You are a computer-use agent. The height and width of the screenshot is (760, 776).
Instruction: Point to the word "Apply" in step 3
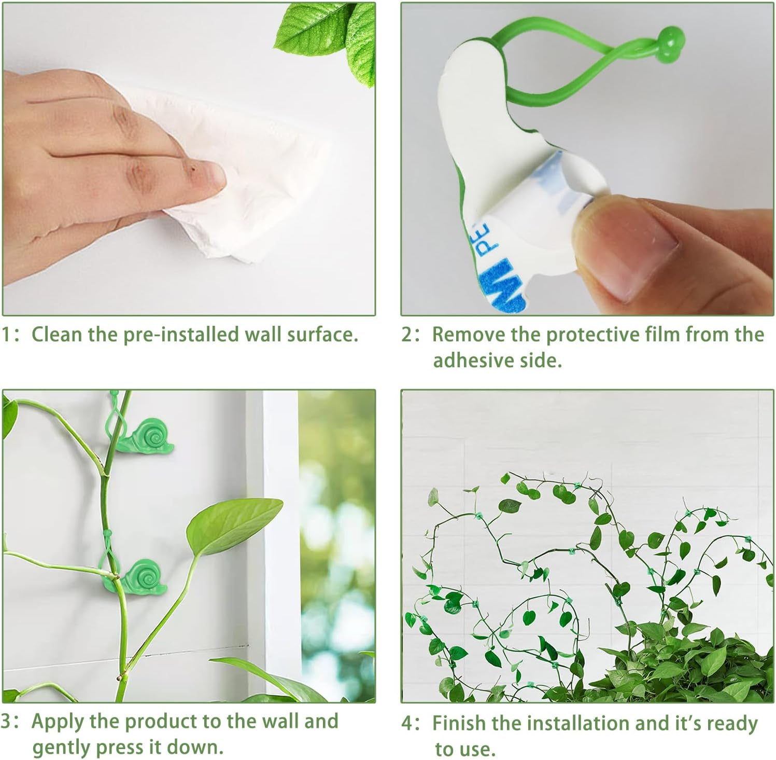coord(57,722)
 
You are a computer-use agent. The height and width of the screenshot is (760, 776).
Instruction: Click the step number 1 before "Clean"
coord(6,335)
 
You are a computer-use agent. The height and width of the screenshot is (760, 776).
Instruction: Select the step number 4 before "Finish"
coord(407,723)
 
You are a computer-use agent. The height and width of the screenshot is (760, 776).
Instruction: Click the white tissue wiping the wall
coord(244,171)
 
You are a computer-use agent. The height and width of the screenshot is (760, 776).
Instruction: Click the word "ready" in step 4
coord(732,723)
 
